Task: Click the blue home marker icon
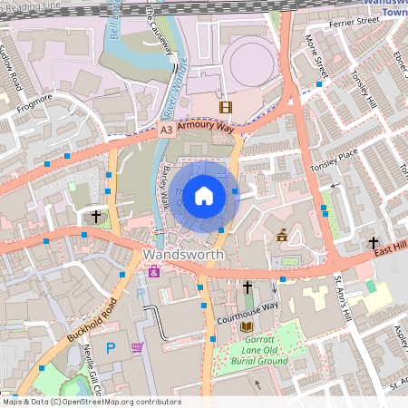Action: click(x=204, y=195)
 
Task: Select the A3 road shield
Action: click(x=166, y=131)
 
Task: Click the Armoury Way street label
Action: click(x=205, y=128)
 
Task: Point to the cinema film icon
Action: click(x=225, y=108)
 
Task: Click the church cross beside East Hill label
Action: click(x=373, y=243)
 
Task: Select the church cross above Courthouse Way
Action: click(x=248, y=287)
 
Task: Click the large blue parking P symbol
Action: click(x=111, y=347)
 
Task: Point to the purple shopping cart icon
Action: click(x=138, y=347)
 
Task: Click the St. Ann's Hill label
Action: click(x=343, y=296)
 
